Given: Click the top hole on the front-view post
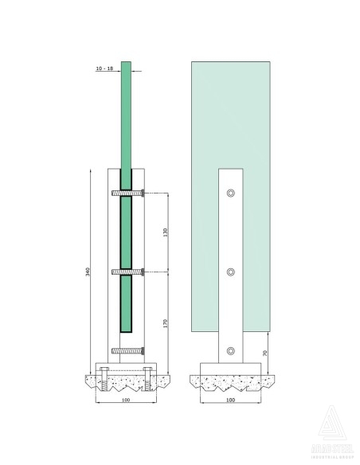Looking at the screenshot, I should pos(231,193).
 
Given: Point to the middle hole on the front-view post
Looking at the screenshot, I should pos(231,272).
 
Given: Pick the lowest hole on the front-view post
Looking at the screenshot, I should pos(231,350).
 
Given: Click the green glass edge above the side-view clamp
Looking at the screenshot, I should pos(126,119).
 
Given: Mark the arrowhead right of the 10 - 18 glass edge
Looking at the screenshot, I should pos(133,71).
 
